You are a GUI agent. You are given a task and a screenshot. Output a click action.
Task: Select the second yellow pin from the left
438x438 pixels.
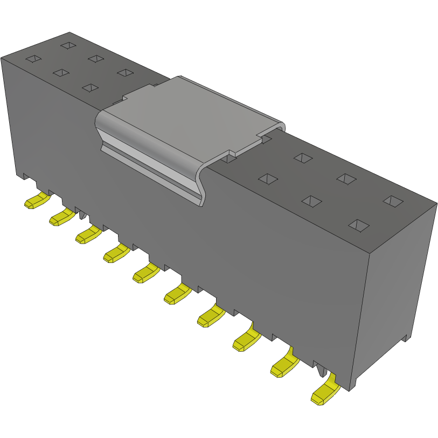pyautogui.click(x=61, y=217)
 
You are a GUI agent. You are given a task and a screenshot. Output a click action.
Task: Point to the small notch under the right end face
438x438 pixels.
pyautogui.click(x=405, y=338)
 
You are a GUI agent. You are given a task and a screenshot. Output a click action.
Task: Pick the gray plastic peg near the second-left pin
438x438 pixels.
pyautogui.click(x=82, y=215)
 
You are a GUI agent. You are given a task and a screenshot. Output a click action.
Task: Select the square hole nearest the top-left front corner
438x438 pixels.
pyautogui.click(x=33, y=58)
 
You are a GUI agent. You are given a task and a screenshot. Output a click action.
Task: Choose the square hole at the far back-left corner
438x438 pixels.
pyautogui.click(x=68, y=46)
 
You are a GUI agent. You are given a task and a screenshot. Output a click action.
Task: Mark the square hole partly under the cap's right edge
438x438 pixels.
pyautogui.click(x=229, y=158)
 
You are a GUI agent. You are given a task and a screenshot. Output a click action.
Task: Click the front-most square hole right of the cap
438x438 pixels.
pyautogui.click(x=358, y=225)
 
